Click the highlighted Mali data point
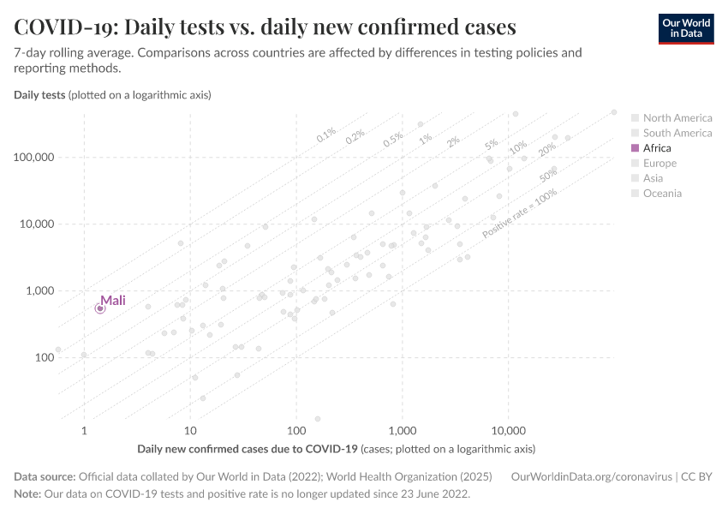click(100, 308)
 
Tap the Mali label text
click(113, 300)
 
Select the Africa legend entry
click(657, 148)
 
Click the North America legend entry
click(677, 118)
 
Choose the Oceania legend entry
click(662, 194)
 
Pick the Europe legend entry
click(659, 164)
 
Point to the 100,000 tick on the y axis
click(33, 158)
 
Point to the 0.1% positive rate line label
click(326, 134)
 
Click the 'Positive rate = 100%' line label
click(520, 213)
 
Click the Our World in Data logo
click(685, 27)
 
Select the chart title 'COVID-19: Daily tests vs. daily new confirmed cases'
click(265, 27)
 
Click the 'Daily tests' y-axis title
click(39, 94)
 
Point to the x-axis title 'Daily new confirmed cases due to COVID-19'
click(247, 449)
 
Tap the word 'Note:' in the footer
click(29, 494)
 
